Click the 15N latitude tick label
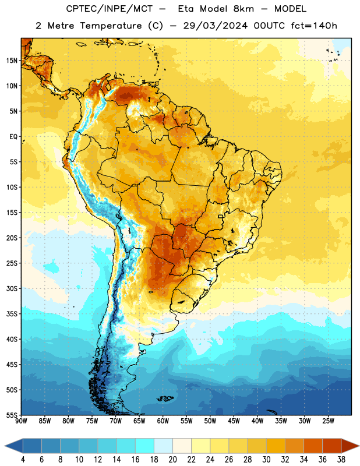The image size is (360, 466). (x=12, y=61)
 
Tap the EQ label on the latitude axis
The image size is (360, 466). (x=13, y=137)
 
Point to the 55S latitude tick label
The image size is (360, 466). (x=12, y=415)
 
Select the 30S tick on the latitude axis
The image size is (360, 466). (x=12, y=288)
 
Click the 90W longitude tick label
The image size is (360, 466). (x=21, y=421)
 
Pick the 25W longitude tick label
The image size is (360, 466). (x=328, y=421)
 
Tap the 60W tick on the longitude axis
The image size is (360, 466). (x=163, y=421)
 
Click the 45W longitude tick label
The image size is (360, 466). (x=234, y=421)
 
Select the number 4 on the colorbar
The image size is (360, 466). (x=23, y=460)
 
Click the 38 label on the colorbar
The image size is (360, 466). (x=341, y=460)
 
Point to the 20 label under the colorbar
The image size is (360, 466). (x=172, y=460)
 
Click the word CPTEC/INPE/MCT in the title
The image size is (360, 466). (x=109, y=9)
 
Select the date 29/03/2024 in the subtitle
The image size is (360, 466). (x=215, y=26)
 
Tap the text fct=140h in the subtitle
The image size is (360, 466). (x=314, y=26)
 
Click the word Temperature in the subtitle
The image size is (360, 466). (x=111, y=26)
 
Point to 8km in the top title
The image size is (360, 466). (x=243, y=9)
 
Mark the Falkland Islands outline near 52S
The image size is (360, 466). (x=165, y=398)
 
